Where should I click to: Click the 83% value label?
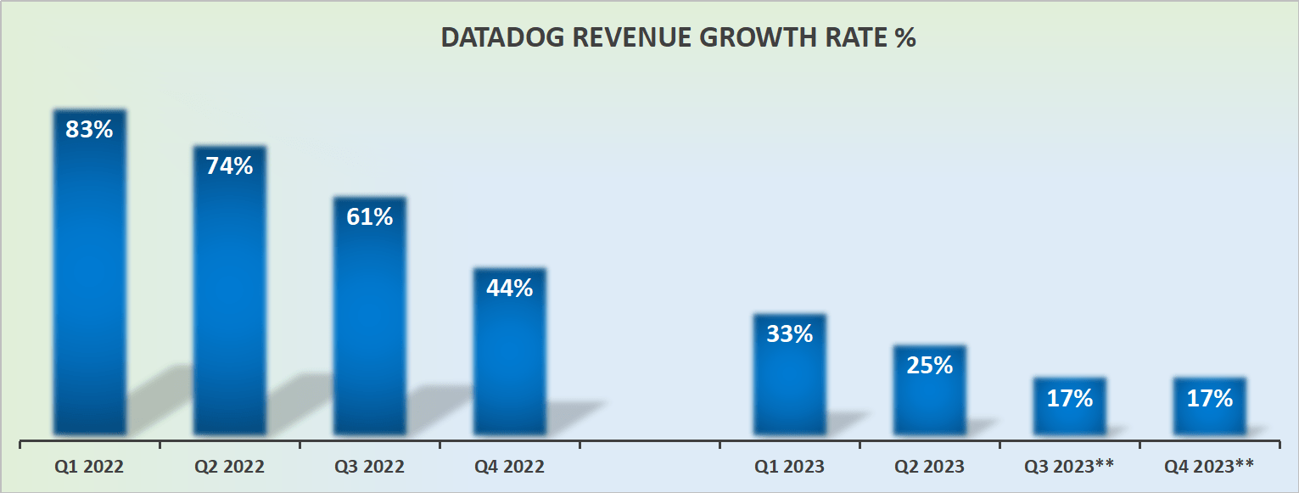tap(89, 130)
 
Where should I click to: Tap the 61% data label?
tap(369, 216)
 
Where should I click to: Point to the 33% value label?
tap(789, 333)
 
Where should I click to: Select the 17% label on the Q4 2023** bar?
tap(1209, 398)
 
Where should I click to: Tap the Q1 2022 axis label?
tap(89, 466)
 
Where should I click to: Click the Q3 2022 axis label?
tap(369, 466)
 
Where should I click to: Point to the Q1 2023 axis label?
tap(789, 466)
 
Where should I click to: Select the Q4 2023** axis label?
tap(1209, 466)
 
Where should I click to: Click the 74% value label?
tap(229, 165)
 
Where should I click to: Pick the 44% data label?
tap(509, 288)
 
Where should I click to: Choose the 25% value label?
tap(929, 365)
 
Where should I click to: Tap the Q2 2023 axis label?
tap(929, 466)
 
